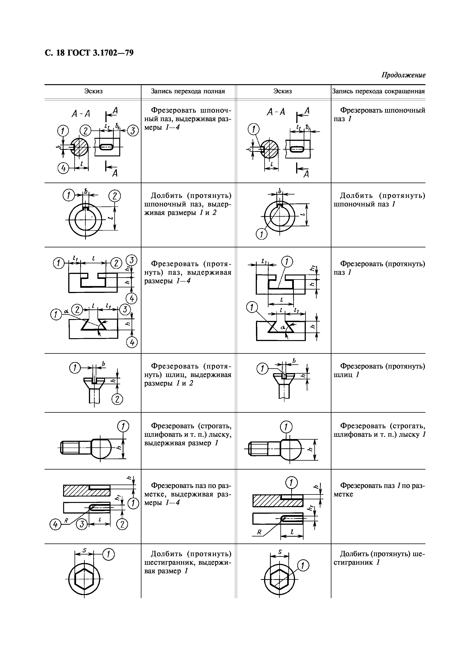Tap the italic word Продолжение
click(403, 75)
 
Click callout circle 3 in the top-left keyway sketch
click(133, 131)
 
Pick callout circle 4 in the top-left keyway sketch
click(64, 168)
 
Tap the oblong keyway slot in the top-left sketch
click(107, 147)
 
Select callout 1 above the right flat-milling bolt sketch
click(286, 427)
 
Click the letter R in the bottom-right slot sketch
click(259, 532)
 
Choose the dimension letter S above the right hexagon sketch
click(280, 552)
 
